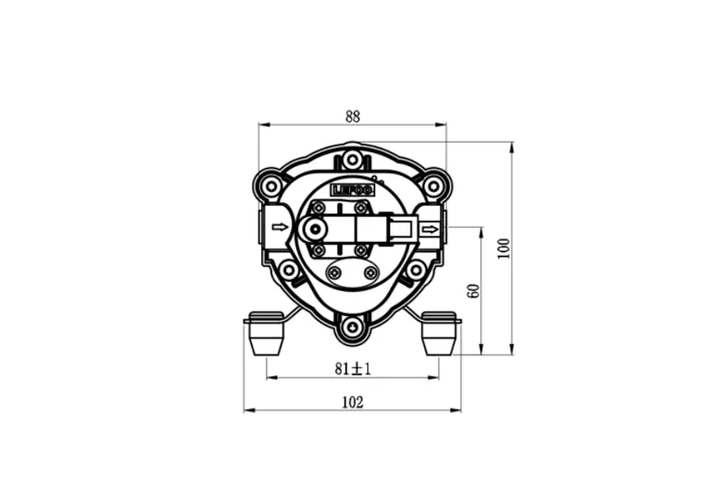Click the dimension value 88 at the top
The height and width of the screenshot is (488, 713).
(353, 116)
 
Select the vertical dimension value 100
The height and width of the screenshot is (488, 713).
(504, 248)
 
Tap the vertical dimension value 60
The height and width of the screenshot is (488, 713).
(474, 290)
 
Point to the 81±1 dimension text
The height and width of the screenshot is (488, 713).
(353, 368)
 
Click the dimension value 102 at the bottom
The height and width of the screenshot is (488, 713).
(353, 402)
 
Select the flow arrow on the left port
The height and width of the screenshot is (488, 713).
(280, 228)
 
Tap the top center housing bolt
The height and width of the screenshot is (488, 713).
(353, 160)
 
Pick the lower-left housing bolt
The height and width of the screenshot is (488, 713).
(289, 269)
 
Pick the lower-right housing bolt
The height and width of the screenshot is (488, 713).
(415, 269)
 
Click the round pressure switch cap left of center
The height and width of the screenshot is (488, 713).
(313, 230)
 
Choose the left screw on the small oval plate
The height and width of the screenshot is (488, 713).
(335, 273)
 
